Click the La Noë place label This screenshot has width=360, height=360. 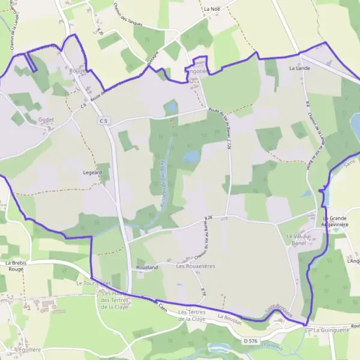212,9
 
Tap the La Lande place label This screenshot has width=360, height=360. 299,68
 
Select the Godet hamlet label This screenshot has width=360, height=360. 46,119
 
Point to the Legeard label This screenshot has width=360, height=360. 92,172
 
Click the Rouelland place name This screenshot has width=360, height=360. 147,266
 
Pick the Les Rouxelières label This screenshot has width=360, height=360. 196,265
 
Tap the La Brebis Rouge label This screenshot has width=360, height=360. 16,266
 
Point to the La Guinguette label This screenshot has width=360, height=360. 327,330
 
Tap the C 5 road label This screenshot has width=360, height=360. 104,121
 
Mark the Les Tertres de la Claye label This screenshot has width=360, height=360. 192,316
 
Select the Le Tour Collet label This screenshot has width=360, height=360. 94,283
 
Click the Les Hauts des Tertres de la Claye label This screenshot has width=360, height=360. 115,299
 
